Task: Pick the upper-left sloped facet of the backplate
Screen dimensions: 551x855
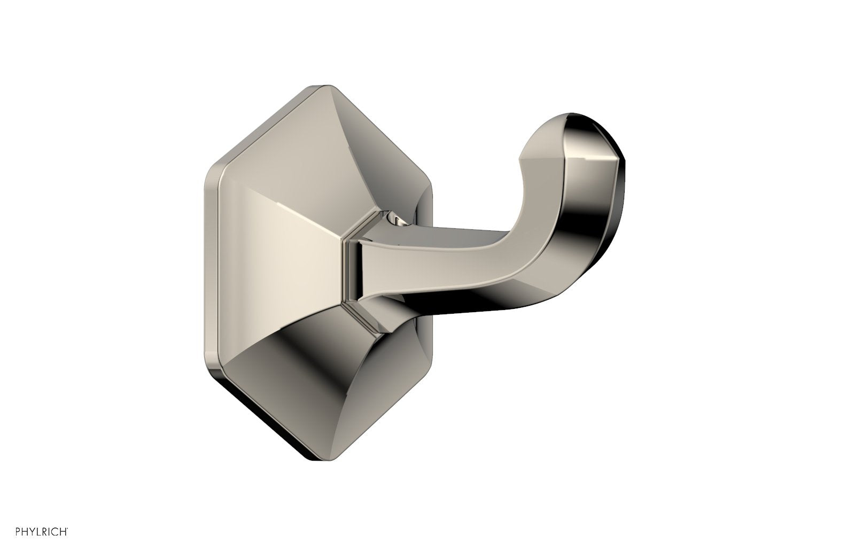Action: coord(278,160)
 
